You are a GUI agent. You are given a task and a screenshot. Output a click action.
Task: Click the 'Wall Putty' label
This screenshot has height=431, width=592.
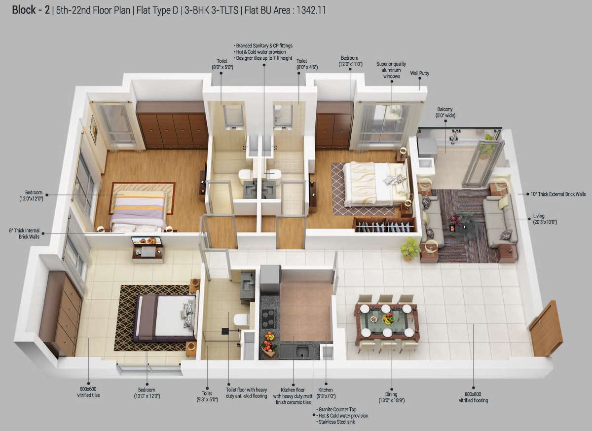coord(419,73)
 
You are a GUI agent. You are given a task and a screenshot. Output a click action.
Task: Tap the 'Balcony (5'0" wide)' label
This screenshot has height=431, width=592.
coord(444,113)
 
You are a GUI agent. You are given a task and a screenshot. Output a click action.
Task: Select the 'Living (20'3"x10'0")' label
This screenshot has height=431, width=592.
coord(545,219)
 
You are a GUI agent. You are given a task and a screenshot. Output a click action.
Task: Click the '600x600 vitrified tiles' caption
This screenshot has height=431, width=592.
coord(88,392)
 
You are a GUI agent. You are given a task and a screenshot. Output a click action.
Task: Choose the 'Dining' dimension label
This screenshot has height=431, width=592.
coord(391,397)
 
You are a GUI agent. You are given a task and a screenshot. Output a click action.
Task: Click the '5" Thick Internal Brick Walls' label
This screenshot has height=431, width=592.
coord(24,233)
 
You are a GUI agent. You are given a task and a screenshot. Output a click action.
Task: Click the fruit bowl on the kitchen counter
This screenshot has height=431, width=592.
coord(268,344)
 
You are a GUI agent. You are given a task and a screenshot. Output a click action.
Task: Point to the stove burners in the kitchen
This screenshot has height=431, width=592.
coord(268,318)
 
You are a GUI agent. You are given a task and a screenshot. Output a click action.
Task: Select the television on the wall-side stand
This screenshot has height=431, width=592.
coord(147,241)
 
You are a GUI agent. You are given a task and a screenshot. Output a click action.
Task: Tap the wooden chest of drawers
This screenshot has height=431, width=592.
coord(62,313)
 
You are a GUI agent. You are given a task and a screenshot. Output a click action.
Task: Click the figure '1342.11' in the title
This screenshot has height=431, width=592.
coord(312,9)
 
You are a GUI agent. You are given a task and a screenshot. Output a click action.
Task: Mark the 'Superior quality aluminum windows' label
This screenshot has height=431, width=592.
coord(392,70)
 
